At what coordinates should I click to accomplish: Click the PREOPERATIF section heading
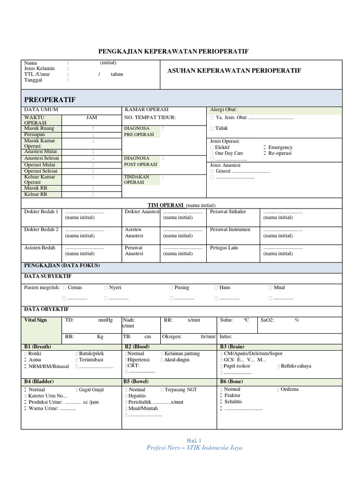click(50, 100)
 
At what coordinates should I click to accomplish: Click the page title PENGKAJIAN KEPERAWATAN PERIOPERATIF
click(173, 51)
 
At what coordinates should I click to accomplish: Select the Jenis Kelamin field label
click(39, 68)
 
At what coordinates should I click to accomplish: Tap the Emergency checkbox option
click(280, 147)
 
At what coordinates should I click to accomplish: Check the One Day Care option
click(229, 153)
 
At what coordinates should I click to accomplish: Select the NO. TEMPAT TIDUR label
click(150, 118)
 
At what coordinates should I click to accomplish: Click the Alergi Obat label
click(223, 109)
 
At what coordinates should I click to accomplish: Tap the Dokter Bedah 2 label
click(41, 230)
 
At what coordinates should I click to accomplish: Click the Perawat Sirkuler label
click(228, 212)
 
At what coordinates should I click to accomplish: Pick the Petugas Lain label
click(224, 248)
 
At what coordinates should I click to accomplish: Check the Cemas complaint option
click(74, 287)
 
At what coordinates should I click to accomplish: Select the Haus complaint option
click(225, 287)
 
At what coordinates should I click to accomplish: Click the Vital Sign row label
click(36, 320)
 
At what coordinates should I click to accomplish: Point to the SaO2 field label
click(267, 320)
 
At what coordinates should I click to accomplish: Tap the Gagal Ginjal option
click(91, 390)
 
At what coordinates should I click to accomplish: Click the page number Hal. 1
click(194, 441)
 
